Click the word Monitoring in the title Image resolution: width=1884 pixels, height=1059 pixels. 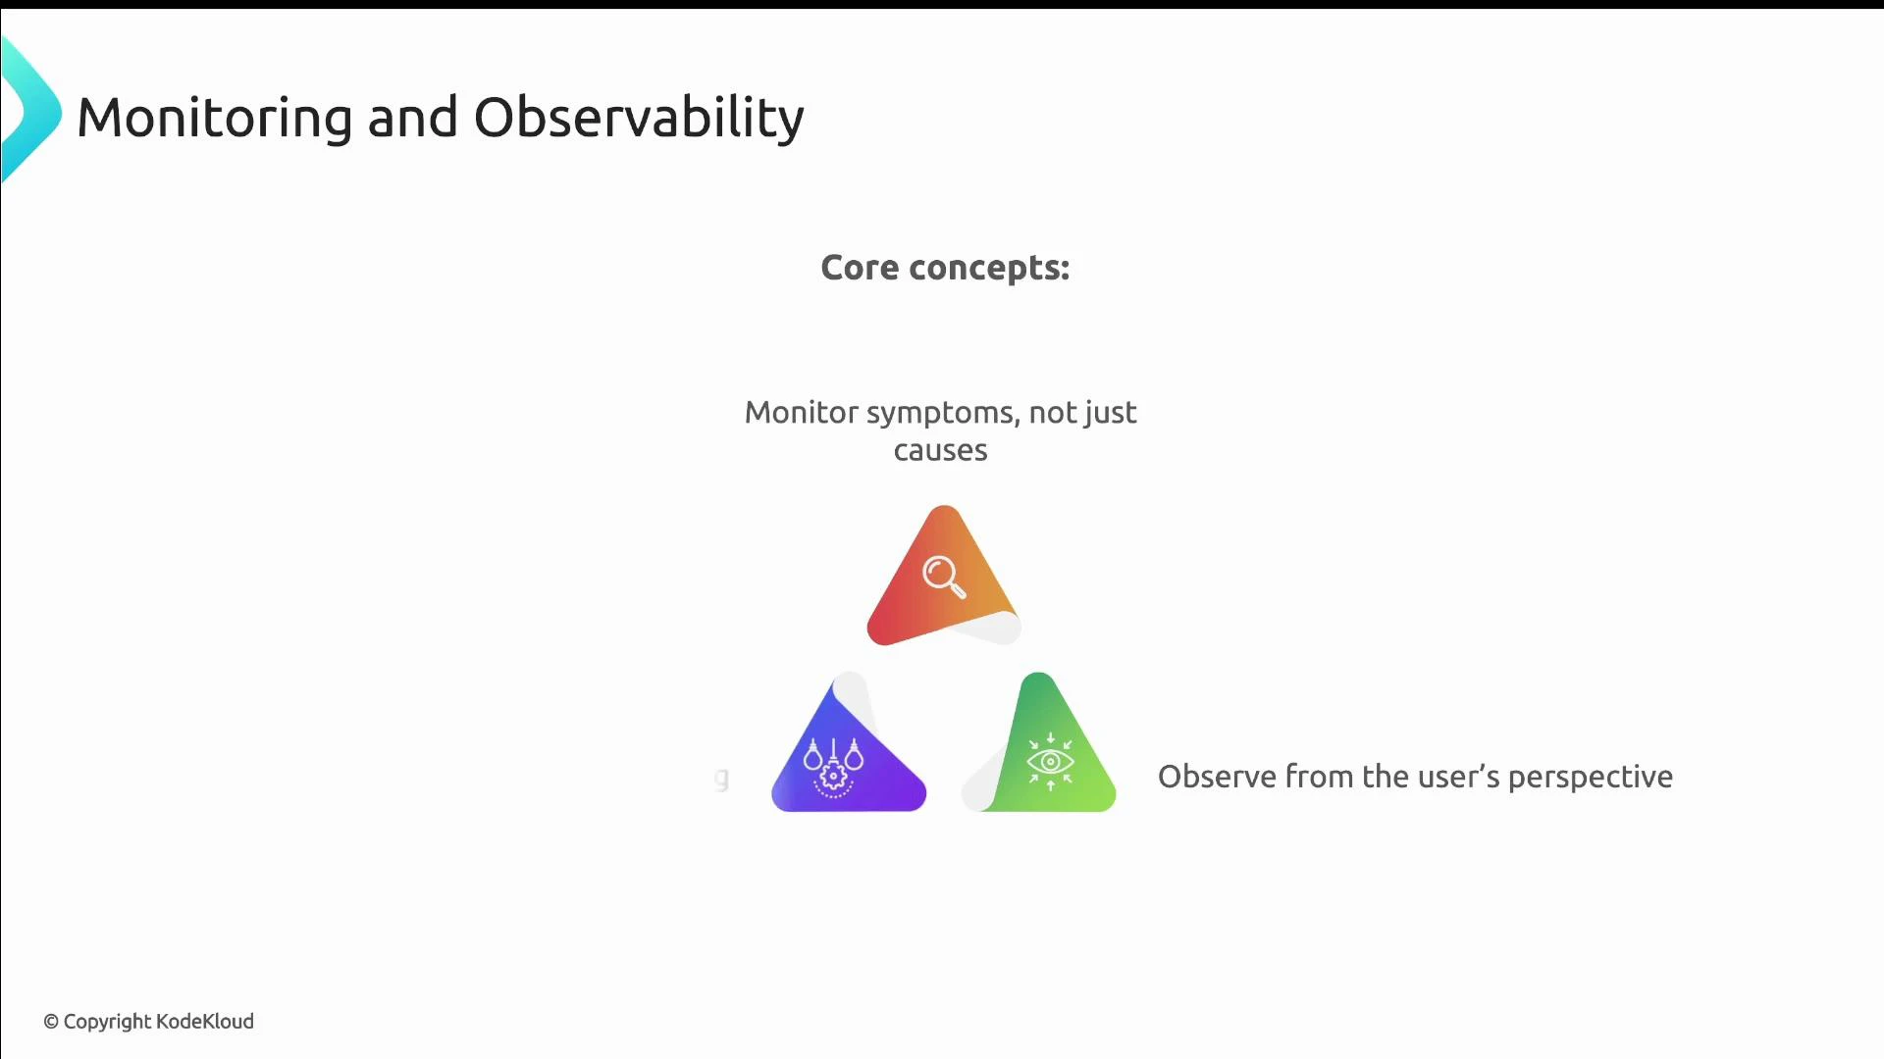(x=214, y=118)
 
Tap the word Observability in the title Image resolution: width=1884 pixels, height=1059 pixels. (x=638, y=118)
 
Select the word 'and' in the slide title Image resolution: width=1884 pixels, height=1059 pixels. (x=412, y=118)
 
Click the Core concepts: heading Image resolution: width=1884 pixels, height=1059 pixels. (x=944, y=268)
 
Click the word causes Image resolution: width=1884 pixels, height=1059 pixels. (x=940, y=451)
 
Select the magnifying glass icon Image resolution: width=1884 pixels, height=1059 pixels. (x=944, y=577)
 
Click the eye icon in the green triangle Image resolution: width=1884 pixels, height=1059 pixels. (x=1050, y=762)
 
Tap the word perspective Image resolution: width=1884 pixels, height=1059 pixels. (x=1590, y=777)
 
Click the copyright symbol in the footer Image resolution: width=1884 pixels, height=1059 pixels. (x=51, y=1022)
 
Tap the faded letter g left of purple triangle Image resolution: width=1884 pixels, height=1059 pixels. (x=722, y=779)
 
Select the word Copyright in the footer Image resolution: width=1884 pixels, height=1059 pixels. (x=107, y=1022)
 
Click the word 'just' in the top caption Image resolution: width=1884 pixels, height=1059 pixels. (x=1111, y=413)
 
